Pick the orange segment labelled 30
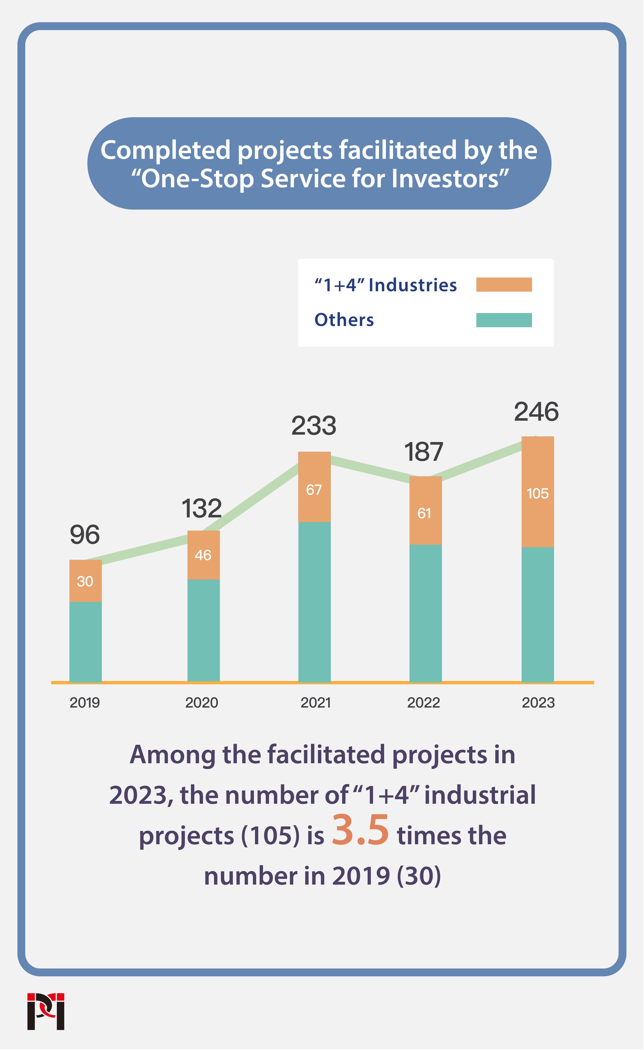[85, 581]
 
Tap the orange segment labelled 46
[203, 555]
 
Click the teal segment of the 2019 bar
[85, 641]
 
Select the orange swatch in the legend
[504, 285]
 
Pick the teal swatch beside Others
[504, 320]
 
